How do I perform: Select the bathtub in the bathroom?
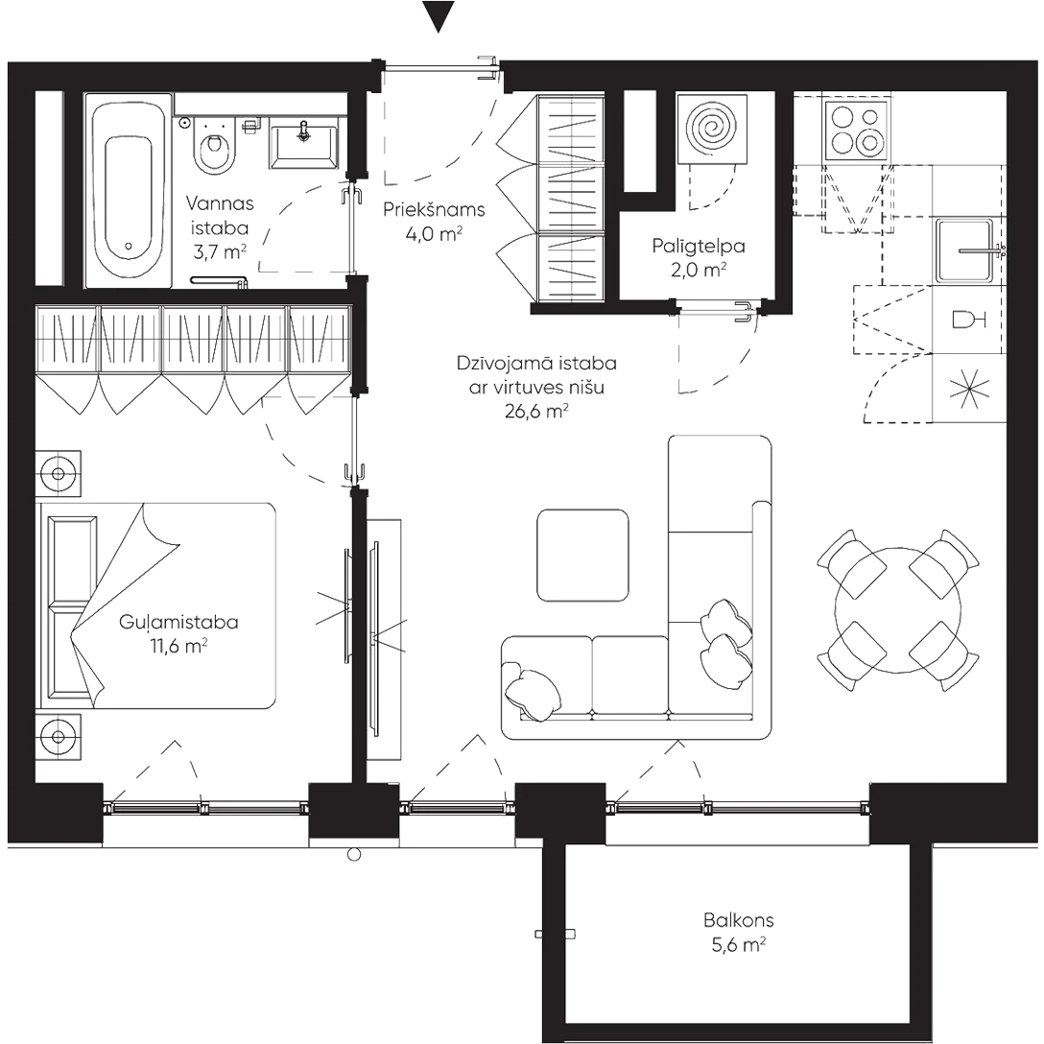pos(129,192)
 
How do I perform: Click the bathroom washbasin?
pos(304,140)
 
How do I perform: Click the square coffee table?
pos(582,556)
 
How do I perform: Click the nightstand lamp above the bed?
pos(59,474)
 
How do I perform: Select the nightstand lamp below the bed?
pos(59,737)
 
